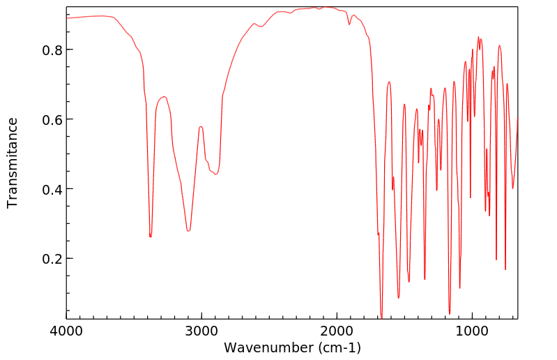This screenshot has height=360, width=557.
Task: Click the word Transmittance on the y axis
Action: pos(13,163)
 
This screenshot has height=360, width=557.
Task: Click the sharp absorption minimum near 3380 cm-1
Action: pos(150,237)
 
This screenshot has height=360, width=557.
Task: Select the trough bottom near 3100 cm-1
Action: pos(188,230)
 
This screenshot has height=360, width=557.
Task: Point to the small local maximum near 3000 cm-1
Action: pos(201,127)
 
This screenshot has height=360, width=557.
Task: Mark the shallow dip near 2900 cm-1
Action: pos(216,174)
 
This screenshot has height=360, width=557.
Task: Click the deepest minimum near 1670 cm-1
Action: pos(381,317)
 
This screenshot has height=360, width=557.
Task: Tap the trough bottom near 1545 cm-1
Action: pos(398,298)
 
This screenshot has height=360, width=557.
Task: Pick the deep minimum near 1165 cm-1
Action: pos(450,313)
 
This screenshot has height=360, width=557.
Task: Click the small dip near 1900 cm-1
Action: pos(349,24)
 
